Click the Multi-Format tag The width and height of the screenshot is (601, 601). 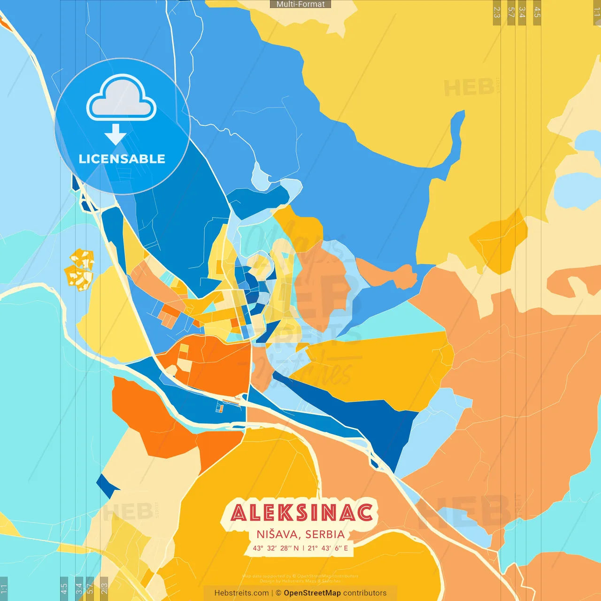[x=300, y=4]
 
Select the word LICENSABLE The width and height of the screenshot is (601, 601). [x=122, y=159]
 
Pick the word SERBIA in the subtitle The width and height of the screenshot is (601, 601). [x=325, y=534]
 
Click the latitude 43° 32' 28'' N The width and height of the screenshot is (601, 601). [x=276, y=548]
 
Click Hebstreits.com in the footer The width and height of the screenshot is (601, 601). [x=241, y=593]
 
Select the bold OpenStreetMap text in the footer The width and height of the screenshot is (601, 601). [x=312, y=593]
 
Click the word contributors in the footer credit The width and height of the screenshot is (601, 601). [x=365, y=593]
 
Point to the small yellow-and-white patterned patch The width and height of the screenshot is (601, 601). [x=80, y=270]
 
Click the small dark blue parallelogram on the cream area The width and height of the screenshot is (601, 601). [x=108, y=486]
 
